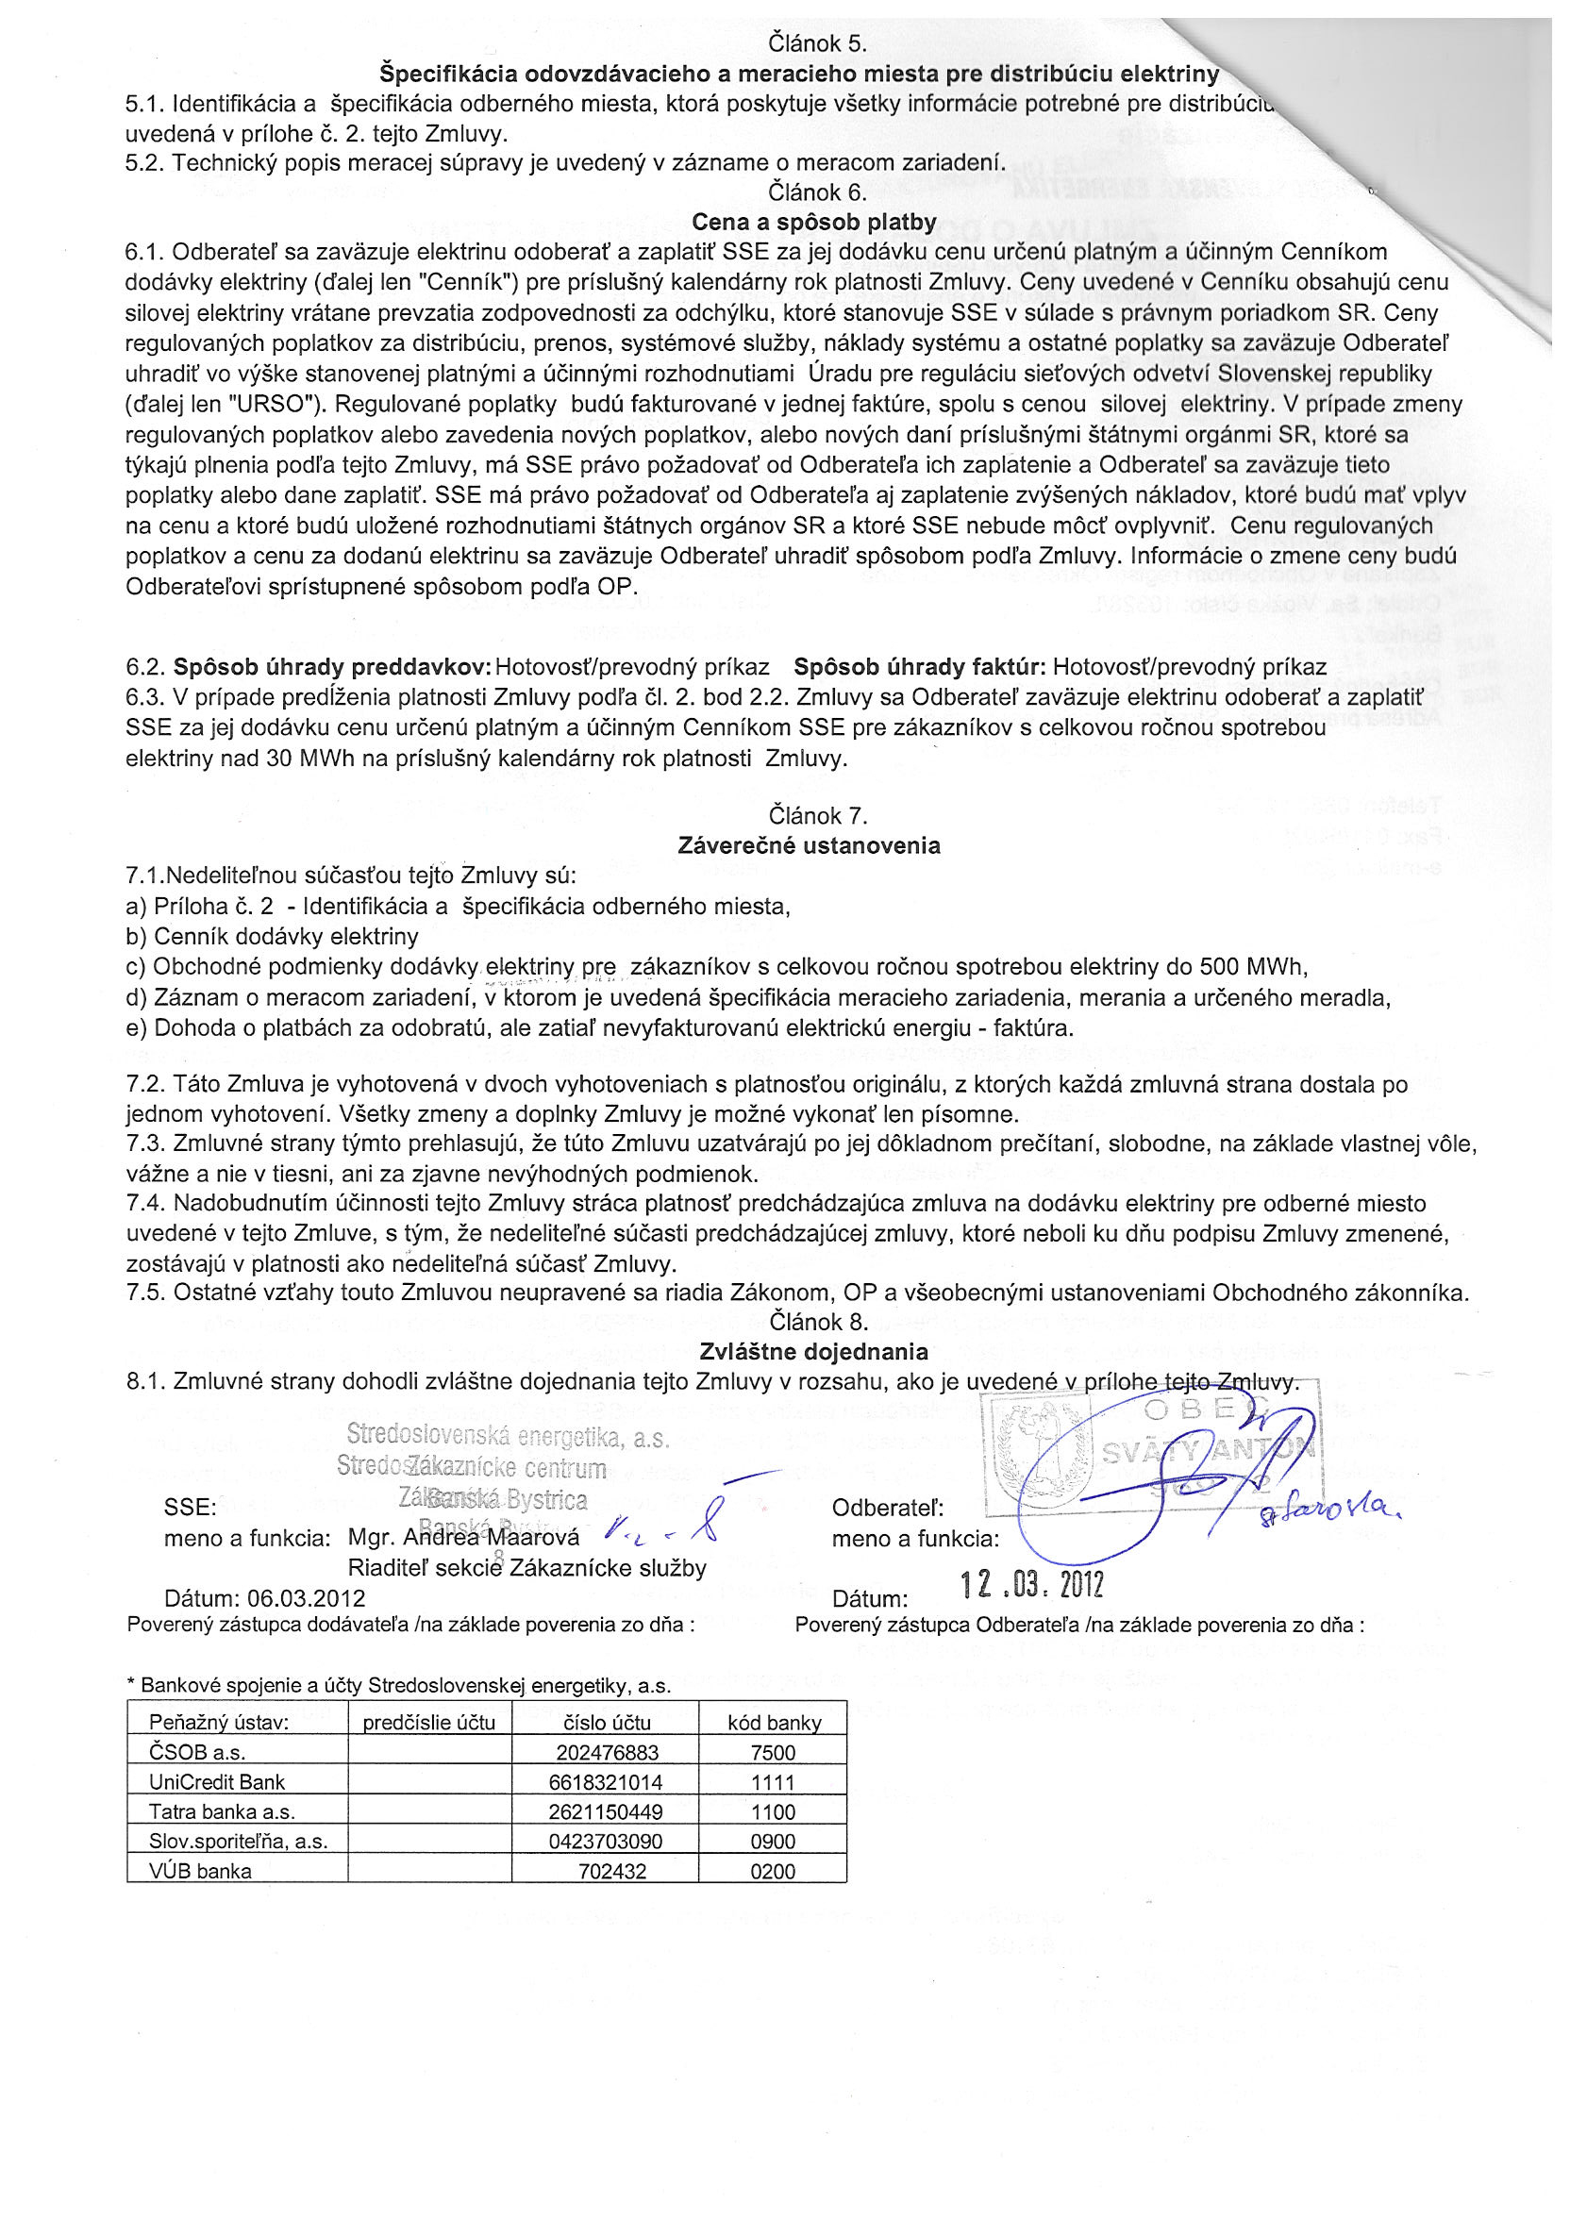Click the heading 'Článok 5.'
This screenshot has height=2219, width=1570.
pos(817,43)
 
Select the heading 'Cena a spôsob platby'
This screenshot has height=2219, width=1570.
pos(814,223)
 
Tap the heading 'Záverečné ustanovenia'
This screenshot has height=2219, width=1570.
pos(810,845)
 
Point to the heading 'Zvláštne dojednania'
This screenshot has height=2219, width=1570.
pos(813,1352)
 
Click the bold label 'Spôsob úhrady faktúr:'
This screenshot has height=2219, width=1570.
pos(919,667)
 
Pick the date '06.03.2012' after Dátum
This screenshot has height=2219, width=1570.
pos(307,1597)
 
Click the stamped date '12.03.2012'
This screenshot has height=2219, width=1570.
pos(1031,1585)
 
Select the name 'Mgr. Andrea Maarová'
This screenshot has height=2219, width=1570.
pos(464,1538)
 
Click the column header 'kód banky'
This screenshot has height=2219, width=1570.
pos(774,1722)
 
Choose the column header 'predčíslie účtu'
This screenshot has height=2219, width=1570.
pos(429,1722)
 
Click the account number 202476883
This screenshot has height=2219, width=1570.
pos(607,1752)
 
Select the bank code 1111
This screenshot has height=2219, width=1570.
pos(773,1782)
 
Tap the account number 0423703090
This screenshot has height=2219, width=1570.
pos(606,1841)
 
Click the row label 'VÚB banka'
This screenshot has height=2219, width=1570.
pos(200,1871)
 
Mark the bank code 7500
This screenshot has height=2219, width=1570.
pos(773,1752)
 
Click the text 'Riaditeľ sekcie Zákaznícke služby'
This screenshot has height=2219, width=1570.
pos(526,1568)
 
